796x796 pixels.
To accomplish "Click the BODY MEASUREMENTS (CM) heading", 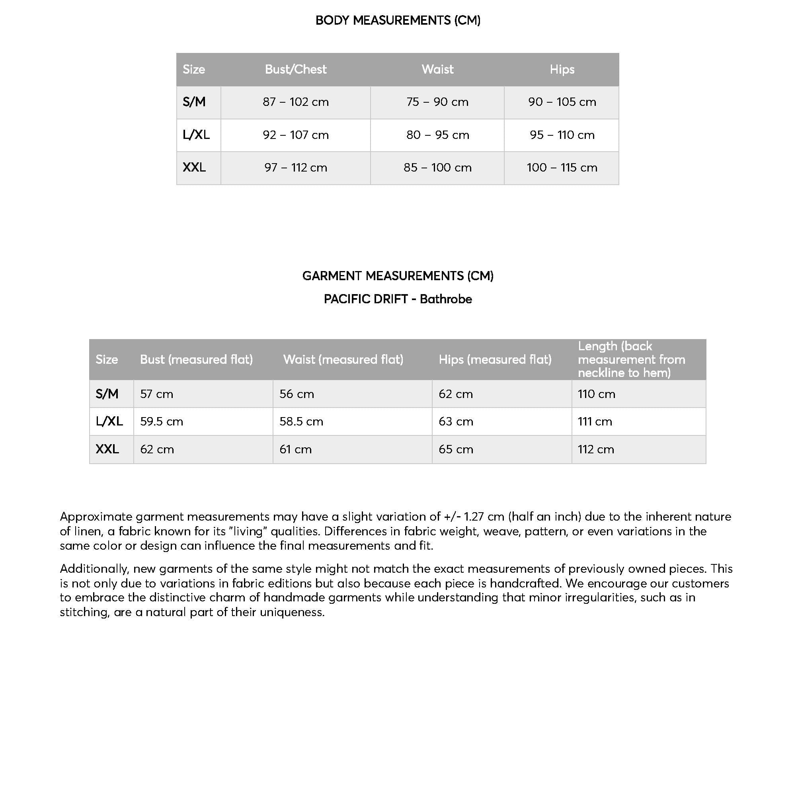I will (x=398, y=20).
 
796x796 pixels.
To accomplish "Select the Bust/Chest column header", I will (x=295, y=69).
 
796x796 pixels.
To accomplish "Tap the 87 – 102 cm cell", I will (x=295, y=102).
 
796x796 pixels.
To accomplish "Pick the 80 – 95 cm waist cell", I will (x=437, y=135).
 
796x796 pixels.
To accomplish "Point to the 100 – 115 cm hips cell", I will (x=562, y=168).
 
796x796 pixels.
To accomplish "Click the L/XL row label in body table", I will (x=196, y=135).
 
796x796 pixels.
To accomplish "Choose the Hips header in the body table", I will (x=562, y=69).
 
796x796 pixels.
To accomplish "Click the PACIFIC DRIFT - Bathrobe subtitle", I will (x=398, y=299).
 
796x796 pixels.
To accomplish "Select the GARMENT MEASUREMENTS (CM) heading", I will (x=398, y=276).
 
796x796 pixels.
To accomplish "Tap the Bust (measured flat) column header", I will (x=196, y=360).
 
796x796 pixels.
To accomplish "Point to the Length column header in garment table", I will (x=631, y=360).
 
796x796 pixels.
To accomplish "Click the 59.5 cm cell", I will (x=162, y=421).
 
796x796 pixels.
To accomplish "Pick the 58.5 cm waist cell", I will (x=301, y=421).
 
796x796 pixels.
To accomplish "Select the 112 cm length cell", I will (x=596, y=449).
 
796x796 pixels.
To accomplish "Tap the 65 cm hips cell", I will (x=456, y=449).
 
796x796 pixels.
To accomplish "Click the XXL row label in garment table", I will (x=107, y=449).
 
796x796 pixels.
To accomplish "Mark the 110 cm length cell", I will (x=596, y=394).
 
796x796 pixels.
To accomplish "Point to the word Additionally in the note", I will (x=94, y=569).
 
